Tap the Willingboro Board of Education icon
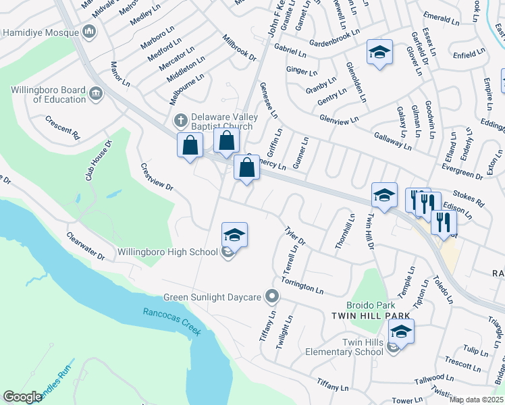point(95,92)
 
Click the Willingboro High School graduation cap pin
point(234,234)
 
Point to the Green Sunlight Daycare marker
point(272,296)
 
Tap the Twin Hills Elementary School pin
point(401,332)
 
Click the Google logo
point(22,397)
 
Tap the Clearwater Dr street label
point(86,247)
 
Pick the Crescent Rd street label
point(63,127)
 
